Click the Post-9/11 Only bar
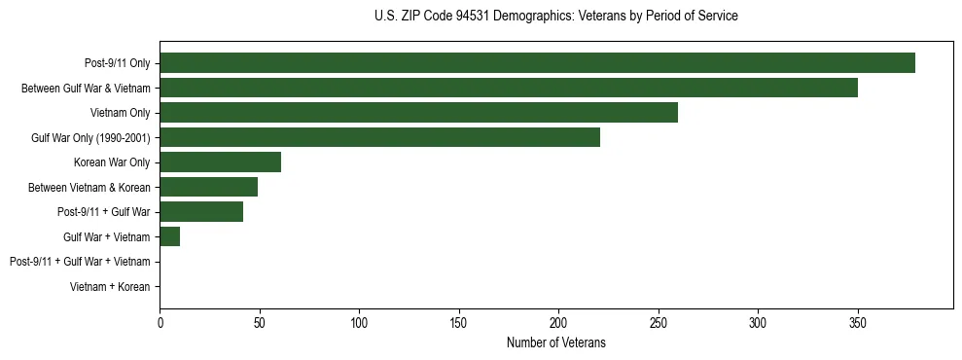(537, 63)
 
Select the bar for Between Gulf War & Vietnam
(509, 88)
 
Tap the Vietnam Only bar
(418, 113)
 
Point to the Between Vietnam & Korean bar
(208, 187)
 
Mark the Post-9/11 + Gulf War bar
(201, 212)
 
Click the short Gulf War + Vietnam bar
(169, 236)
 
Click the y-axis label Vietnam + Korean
(110, 287)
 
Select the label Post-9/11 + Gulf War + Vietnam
(80, 262)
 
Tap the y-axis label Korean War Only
(112, 162)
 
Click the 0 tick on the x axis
(160, 321)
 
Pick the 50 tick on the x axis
(260, 321)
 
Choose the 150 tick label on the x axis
(459, 321)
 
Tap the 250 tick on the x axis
(659, 321)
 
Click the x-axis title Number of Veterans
(555, 342)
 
